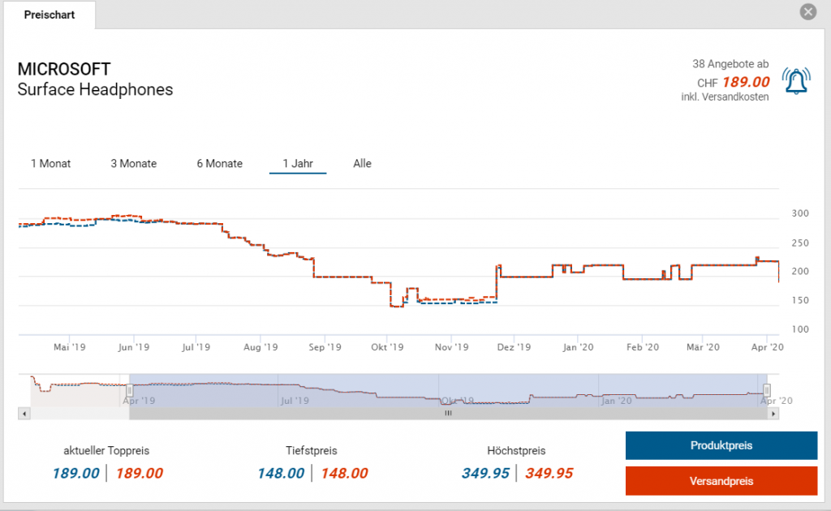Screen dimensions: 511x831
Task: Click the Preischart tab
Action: point(49,15)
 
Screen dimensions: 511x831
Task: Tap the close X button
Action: point(807,12)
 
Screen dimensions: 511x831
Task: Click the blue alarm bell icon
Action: point(796,81)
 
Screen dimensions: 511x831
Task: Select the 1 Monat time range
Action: point(50,164)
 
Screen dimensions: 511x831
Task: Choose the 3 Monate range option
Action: point(134,164)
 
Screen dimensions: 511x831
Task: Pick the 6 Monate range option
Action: point(219,164)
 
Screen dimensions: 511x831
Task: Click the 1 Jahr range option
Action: point(298,164)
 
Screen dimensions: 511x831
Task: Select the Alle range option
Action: point(362,164)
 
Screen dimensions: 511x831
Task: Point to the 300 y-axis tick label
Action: point(800,214)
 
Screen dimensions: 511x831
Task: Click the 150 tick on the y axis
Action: point(800,301)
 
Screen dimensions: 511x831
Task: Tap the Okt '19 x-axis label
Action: point(387,347)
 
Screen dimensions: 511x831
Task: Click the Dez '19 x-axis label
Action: point(513,347)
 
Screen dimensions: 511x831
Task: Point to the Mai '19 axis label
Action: point(70,347)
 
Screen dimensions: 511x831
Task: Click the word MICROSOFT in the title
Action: point(64,70)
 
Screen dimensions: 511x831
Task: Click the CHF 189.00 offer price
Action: point(733,82)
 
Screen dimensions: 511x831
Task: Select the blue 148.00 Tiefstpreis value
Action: point(281,474)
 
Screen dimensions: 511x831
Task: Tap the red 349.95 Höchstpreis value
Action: point(549,474)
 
